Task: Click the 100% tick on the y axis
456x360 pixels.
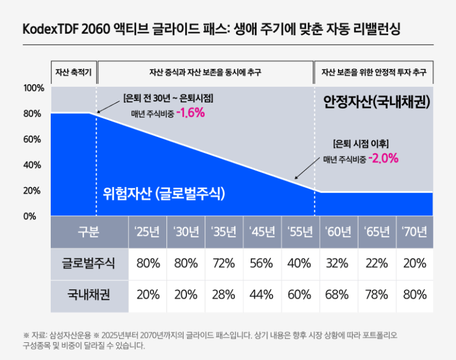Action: point(34,88)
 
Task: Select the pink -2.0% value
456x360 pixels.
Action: point(383,158)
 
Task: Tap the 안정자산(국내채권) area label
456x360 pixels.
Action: point(376,102)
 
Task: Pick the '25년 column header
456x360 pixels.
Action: point(147,232)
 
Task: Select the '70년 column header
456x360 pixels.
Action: point(414,232)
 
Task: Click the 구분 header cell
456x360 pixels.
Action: point(89,232)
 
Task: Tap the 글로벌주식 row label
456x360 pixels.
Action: point(89,263)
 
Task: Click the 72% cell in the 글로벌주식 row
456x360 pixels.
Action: point(224,263)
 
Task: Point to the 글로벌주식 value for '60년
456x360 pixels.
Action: point(338,263)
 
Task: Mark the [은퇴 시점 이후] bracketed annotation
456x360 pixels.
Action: point(361,143)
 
